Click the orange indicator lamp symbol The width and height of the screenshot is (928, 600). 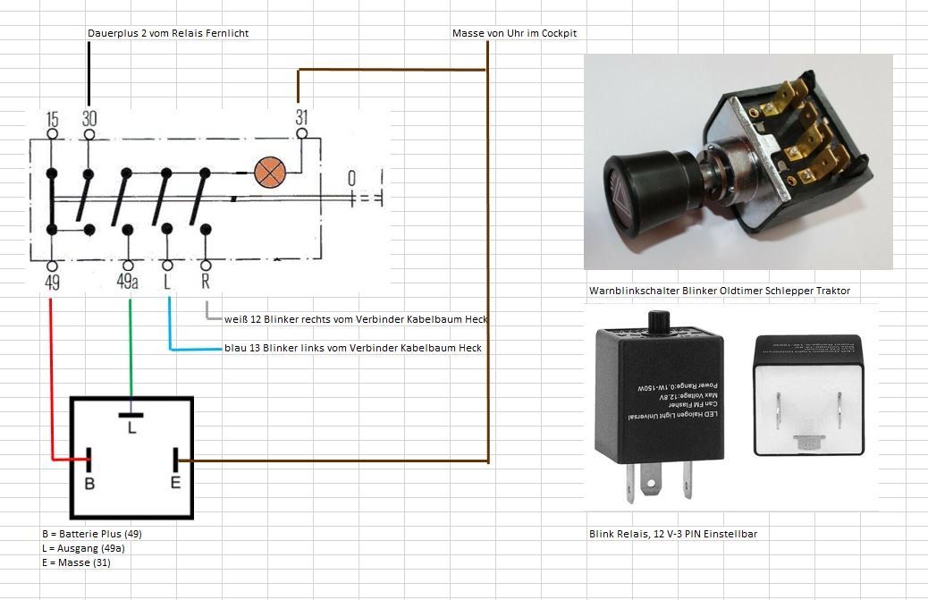click(x=267, y=173)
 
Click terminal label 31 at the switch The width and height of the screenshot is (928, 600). click(x=302, y=117)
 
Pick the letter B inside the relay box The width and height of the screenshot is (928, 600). click(x=89, y=483)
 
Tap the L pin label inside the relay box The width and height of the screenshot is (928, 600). click(x=131, y=429)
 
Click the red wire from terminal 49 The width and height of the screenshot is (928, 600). click(x=51, y=376)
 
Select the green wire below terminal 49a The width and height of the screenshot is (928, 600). click(x=131, y=349)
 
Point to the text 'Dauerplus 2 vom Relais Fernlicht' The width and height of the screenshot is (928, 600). click(x=168, y=33)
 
